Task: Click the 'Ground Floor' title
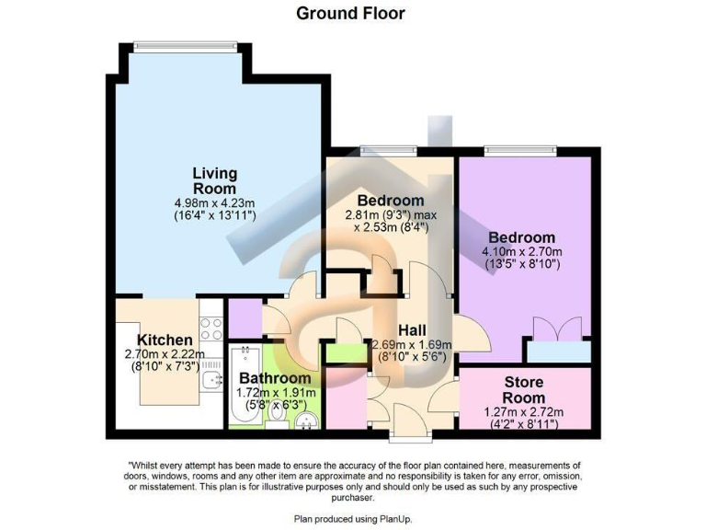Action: (350, 13)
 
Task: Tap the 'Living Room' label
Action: (214, 180)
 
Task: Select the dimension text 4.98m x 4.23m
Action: (214, 202)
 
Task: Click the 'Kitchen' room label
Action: (165, 340)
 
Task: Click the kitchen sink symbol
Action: (215, 380)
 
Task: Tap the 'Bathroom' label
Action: (275, 378)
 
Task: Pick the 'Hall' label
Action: (411, 329)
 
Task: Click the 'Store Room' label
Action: (524, 389)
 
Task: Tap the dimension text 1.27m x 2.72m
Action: (524, 411)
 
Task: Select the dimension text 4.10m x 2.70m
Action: (522, 252)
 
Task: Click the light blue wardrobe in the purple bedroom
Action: (557, 351)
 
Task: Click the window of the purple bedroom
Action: (521, 148)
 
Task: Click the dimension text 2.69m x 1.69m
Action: (411, 345)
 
